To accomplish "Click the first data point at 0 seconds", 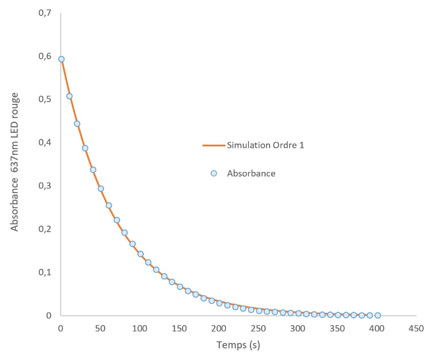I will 61,59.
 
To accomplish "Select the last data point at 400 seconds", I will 377,315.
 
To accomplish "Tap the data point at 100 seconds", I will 140,254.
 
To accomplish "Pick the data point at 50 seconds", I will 101,189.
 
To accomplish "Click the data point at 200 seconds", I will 219,303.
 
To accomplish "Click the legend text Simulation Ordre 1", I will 266,145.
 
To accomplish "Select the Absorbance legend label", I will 251,173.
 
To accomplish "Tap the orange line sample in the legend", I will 214,145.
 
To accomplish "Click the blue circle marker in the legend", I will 214,173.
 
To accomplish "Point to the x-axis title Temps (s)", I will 238,345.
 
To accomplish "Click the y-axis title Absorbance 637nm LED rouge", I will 15,162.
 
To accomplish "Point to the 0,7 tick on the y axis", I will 45,13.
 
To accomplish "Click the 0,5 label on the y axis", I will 45,99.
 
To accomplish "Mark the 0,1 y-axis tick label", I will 45,272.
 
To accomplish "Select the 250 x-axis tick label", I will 259,328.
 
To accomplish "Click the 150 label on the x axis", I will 179,328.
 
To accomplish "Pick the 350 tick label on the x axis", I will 337,328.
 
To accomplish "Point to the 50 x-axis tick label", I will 100,328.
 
